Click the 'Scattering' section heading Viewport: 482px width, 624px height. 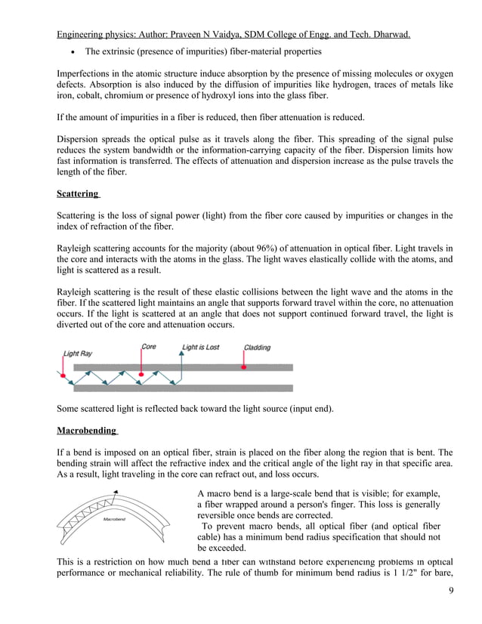tap(79, 194)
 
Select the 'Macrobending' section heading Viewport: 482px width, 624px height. tap(86, 431)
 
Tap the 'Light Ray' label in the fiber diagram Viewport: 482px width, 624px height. tap(77, 354)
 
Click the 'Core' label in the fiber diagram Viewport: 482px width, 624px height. tap(150, 348)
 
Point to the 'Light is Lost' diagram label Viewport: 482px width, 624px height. tap(200, 348)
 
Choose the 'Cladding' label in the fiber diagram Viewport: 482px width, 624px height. tap(257, 348)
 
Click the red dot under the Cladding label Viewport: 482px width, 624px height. tap(243, 368)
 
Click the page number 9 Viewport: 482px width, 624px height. tap(450, 604)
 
